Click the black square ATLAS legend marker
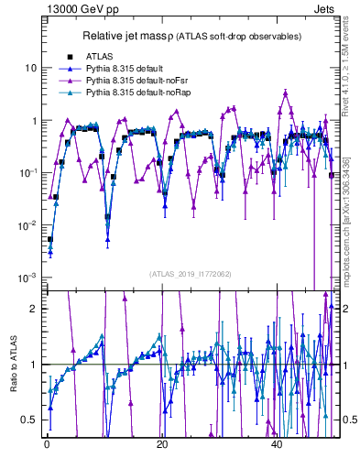tap(69, 57)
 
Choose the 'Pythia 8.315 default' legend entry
tap(127, 69)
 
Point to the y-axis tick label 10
tap(31, 69)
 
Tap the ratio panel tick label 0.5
tap(29, 420)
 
